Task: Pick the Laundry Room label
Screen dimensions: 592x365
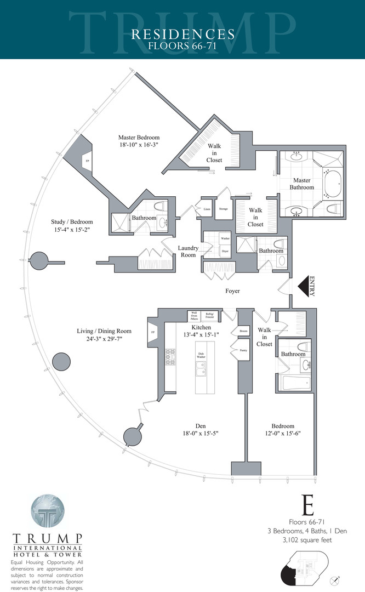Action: [188, 252]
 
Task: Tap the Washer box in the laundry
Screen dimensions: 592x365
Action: [225, 239]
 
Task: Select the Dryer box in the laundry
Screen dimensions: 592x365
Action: [225, 251]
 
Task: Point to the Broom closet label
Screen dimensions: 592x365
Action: [243, 331]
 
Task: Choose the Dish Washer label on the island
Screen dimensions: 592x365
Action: [201, 355]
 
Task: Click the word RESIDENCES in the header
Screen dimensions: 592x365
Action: [183, 35]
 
